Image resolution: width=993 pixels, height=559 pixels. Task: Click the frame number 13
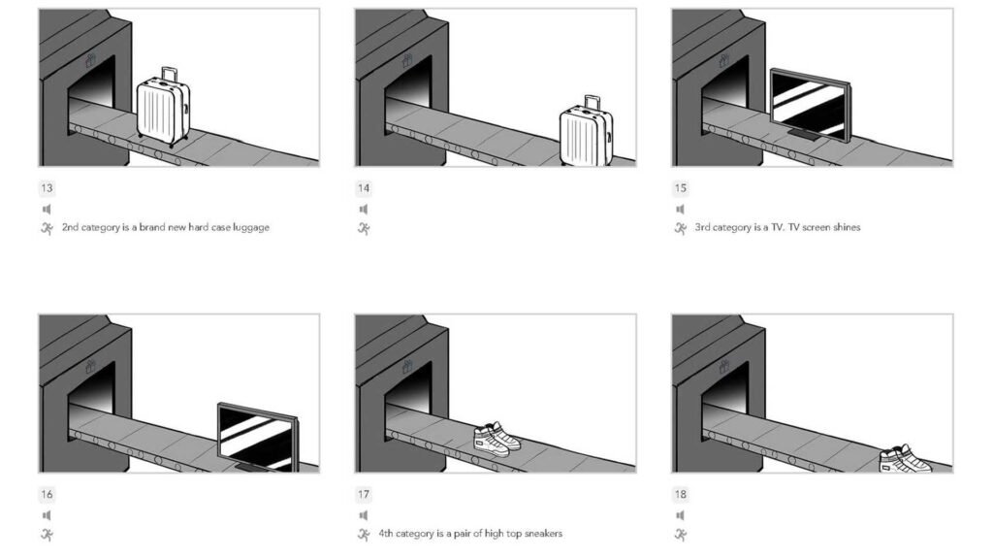(47, 188)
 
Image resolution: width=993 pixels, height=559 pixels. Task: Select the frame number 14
(363, 188)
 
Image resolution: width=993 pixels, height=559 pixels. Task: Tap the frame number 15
(680, 188)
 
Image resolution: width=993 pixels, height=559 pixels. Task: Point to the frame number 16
(47, 494)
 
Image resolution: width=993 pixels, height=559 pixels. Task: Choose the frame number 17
(363, 494)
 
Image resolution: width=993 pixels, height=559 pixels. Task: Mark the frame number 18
(680, 494)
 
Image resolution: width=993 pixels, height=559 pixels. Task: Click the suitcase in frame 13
(163, 109)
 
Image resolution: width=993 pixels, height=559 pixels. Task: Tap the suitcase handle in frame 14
(591, 101)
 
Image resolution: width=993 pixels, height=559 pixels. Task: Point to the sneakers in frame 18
(904, 458)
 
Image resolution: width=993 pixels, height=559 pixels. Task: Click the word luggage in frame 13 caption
(250, 228)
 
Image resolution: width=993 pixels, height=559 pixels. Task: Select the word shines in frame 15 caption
(844, 228)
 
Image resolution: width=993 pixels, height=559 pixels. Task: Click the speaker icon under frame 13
(47, 209)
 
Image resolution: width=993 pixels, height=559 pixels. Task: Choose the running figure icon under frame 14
(364, 229)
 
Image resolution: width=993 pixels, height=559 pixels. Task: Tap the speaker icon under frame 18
(680, 514)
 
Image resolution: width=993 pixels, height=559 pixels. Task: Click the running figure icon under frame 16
(47, 535)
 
